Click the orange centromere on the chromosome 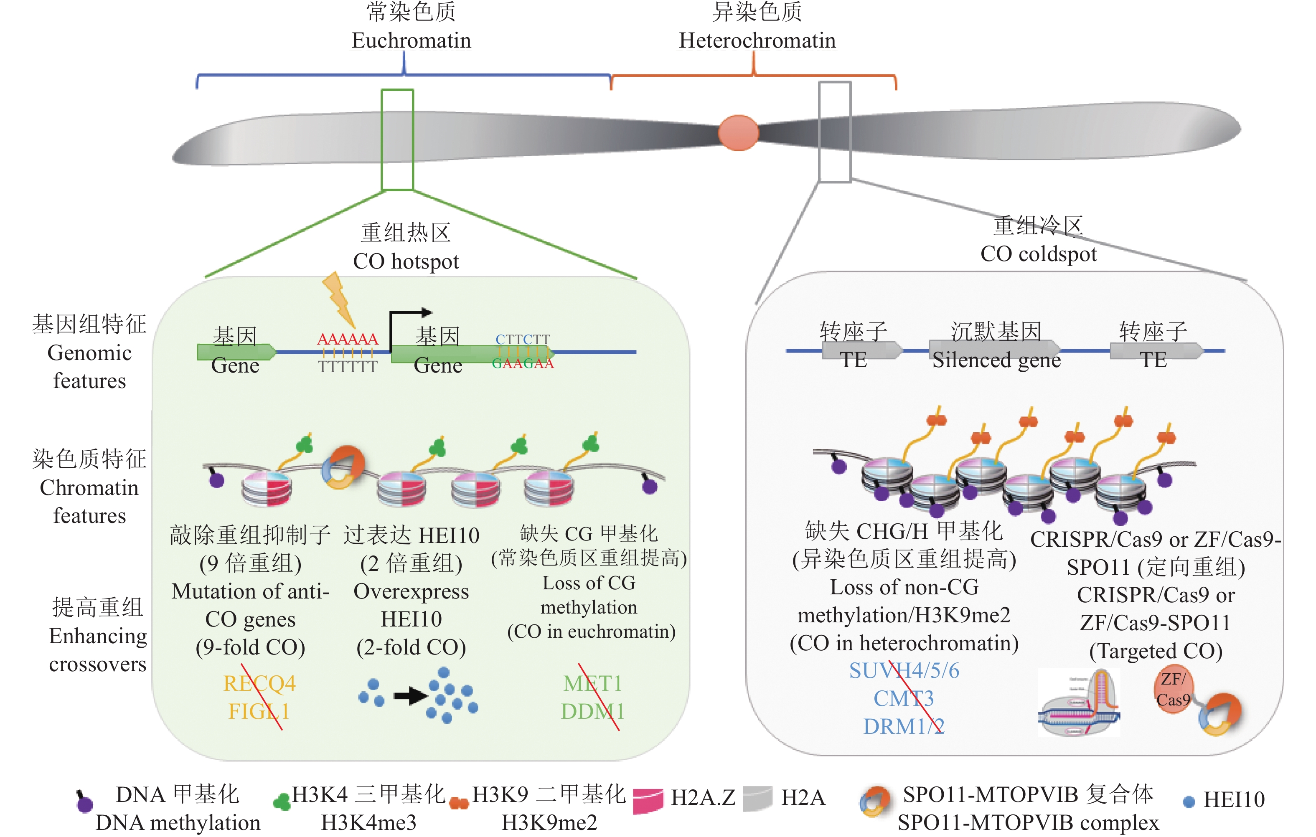pos(738,132)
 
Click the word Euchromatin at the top pos(411,41)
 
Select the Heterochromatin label pos(757,41)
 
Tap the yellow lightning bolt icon pos(339,299)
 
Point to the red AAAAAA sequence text pos(348,339)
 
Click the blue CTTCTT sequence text pos(523,339)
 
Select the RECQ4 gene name pos(259,683)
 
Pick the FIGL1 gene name pos(259,711)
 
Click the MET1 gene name pos(592,683)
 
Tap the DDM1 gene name pos(592,711)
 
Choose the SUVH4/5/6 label pos(904,670)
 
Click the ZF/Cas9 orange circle pos(1173,689)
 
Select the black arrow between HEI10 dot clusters pos(410,695)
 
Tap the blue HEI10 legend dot pos(1188,801)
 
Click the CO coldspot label pos(1038,254)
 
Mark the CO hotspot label pos(406,261)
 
